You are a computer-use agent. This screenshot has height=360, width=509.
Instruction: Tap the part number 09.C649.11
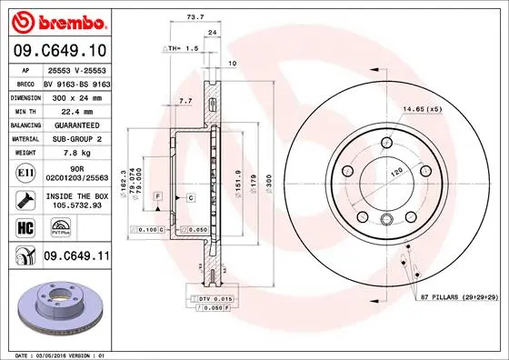pyautogui.click(x=75, y=257)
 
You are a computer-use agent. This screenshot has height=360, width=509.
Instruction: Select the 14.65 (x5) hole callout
pyautogui.click(x=424, y=110)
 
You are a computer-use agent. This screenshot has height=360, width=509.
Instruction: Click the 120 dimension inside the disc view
pyautogui.click(x=394, y=170)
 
